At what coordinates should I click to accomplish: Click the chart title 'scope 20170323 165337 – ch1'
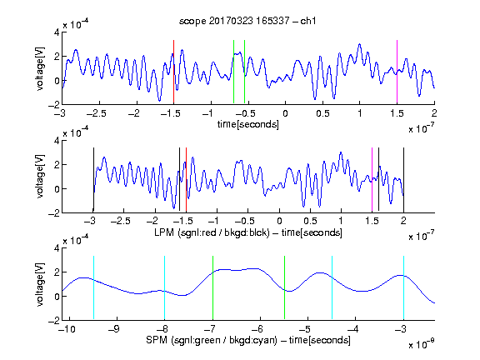247,21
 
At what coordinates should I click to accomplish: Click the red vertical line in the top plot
173,72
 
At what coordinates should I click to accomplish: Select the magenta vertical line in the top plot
397,72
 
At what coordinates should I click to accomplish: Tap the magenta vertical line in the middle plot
372,180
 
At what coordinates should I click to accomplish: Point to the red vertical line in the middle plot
186,180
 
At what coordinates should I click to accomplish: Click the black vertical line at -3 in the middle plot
93,180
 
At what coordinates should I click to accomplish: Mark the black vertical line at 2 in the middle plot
403,180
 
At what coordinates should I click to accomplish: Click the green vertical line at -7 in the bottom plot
212,287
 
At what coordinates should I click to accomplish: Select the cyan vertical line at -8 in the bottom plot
165,287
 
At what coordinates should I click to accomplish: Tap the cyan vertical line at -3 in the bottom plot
403,287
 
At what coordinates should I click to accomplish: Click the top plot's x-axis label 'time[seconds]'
248,124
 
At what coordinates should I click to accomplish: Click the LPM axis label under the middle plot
248,232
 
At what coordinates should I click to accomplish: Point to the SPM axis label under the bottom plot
248,340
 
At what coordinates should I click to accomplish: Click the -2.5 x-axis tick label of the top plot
96,114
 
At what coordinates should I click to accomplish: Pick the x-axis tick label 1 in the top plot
360,113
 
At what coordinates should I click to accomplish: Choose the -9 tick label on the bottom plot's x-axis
114,329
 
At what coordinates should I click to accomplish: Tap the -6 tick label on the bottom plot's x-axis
257,329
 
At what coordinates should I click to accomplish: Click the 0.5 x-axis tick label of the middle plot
310,222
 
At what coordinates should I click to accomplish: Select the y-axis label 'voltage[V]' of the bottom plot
40,284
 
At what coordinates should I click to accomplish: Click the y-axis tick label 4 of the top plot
57,32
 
